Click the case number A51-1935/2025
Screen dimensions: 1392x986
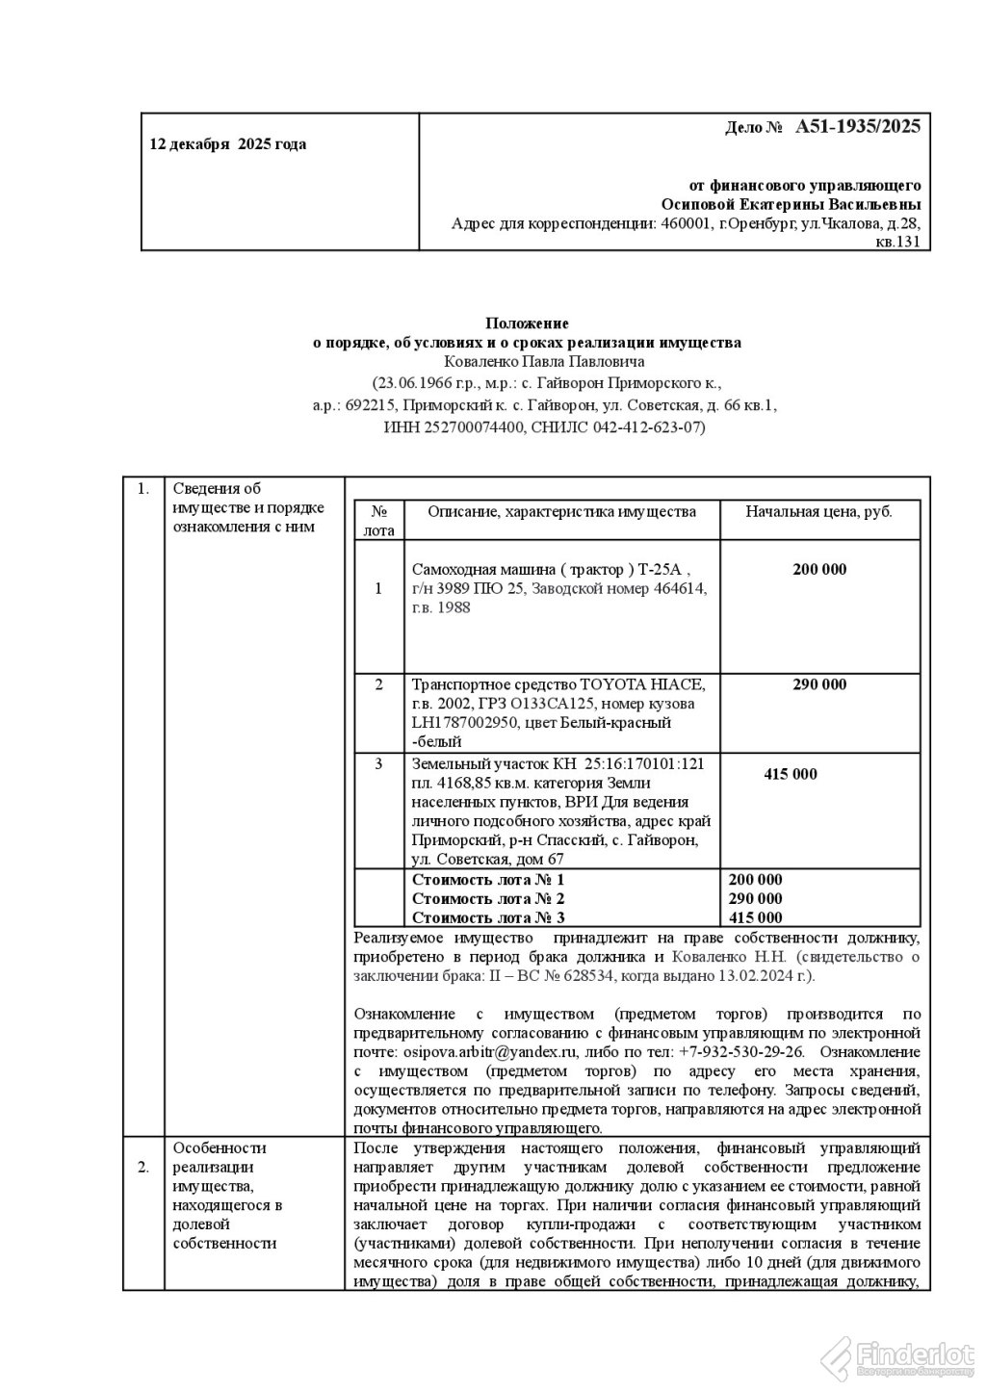tap(858, 127)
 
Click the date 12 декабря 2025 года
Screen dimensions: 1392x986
tap(227, 144)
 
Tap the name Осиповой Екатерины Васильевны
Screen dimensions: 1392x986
tap(791, 204)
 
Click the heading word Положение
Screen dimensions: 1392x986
tap(528, 323)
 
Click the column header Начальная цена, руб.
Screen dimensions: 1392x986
tap(818, 511)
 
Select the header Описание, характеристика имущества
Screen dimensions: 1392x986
tap(561, 511)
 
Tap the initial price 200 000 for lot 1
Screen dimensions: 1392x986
tap(819, 569)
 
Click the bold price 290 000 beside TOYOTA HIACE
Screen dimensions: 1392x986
tap(819, 684)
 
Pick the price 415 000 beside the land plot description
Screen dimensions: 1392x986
tap(791, 774)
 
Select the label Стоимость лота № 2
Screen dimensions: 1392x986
tap(488, 898)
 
